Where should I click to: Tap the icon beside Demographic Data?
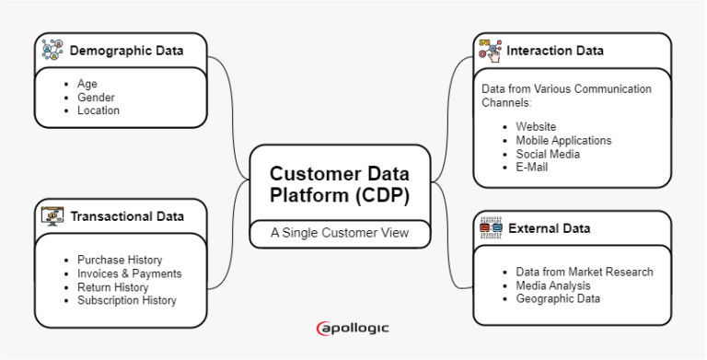click(x=52, y=50)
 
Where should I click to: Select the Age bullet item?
click(x=87, y=83)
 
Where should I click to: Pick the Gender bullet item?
click(x=96, y=97)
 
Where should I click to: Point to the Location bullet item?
click(x=99, y=110)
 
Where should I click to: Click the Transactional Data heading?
click(x=127, y=216)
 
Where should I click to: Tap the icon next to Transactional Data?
click(x=52, y=216)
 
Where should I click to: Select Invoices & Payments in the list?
click(x=129, y=273)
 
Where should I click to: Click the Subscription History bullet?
click(x=127, y=300)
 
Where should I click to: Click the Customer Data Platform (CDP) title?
click(x=340, y=183)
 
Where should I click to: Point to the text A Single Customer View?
click(x=340, y=233)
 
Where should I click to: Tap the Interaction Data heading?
click(x=555, y=51)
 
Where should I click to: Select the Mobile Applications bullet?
click(x=563, y=140)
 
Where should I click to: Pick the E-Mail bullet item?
click(x=532, y=167)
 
